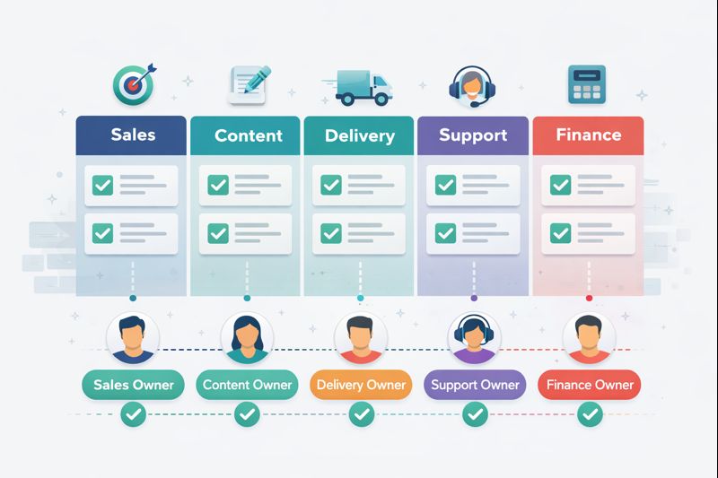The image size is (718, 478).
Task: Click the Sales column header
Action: tap(132, 135)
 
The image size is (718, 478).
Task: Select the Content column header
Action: tap(248, 136)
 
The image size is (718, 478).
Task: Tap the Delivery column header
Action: tap(360, 136)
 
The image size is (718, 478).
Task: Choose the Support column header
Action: tap(473, 135)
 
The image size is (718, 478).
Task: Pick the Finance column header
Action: tap(588, 135)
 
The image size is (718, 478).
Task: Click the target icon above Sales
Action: tap(133, 84)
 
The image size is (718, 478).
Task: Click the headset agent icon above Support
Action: tap(470, 84)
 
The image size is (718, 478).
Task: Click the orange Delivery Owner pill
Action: tap(361, 385)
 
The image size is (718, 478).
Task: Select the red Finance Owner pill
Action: tap(589, 385)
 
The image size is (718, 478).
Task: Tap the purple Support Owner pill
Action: tap(474, 385)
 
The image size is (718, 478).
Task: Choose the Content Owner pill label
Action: tap(247, 385)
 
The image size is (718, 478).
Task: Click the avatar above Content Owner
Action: tap(246, 337)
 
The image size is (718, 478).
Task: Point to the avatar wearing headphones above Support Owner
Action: tap(473, 338)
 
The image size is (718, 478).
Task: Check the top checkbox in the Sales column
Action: tap(103, 186)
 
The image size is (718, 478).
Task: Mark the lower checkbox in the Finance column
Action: tap(561, 233)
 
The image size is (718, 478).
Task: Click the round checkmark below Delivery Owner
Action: tap(361, 414)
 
